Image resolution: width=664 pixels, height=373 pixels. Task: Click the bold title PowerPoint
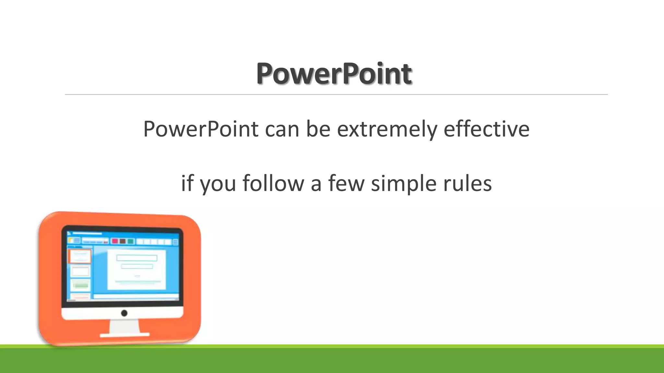(x=334, y=74)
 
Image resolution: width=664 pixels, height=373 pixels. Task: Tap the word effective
(x=486, y=129)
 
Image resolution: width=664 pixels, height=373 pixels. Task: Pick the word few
(x=346, y=183)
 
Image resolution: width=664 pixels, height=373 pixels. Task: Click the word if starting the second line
(x=187, y=183)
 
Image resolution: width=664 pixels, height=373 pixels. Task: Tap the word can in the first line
(x=282, y=129)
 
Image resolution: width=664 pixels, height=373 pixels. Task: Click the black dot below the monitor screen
(x=124, y=313)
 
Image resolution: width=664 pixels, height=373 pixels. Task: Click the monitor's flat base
(x=124, y=335)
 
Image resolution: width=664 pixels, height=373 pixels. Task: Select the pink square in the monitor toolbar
(x=115, y=241)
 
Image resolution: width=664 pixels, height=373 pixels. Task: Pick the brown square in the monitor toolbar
(x=123, y=241)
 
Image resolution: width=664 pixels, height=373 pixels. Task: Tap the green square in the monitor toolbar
(x=131, y=241)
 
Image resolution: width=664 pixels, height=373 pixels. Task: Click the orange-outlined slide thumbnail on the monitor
(x=80, y=256)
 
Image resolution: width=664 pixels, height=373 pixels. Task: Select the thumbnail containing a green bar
(x=80, y=285)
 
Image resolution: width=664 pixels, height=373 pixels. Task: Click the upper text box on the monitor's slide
(x=137, y=258)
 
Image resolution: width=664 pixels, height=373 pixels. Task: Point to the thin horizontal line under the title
(x=336, y=95)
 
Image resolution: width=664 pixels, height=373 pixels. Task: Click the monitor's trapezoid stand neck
(x=124, y=326)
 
